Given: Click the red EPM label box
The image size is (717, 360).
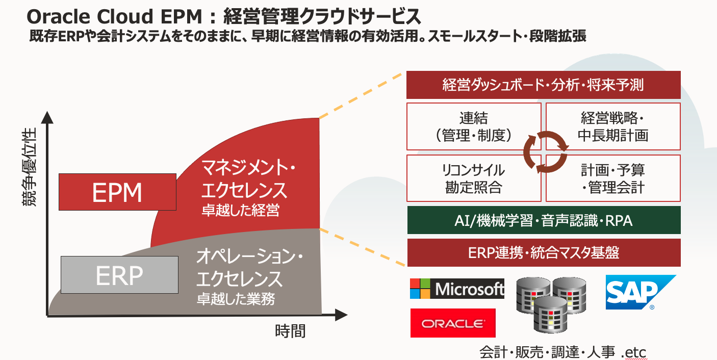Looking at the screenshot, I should click(117, 192).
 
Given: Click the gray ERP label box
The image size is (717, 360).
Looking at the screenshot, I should click(119, 275).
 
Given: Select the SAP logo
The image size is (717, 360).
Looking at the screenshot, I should click(639, 292).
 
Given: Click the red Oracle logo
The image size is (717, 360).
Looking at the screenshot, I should click(453, 323).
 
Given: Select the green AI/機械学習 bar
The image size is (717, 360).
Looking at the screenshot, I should click(543, 220).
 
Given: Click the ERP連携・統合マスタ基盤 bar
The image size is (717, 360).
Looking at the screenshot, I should click(543, 252).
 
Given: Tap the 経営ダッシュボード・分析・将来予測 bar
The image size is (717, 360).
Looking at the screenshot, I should click(543, 85).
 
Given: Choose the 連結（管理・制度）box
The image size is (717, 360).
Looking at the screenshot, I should click(474, 126).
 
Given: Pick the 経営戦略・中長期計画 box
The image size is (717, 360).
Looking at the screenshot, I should click(613, 126).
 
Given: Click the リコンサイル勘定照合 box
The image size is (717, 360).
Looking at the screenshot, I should click(474, 178).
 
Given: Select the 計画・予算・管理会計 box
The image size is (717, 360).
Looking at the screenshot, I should click(613, 178).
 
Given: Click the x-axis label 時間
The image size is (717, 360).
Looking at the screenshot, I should click(290, 331).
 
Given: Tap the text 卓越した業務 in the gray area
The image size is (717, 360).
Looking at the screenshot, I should click(236, 298).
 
